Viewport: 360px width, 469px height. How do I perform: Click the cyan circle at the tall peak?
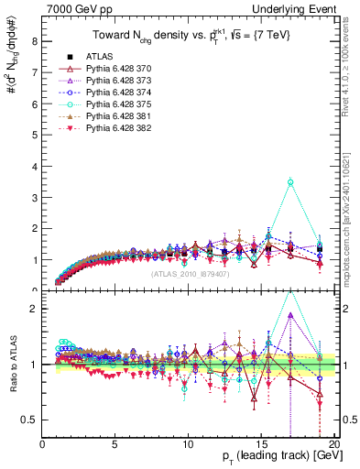(x=290, y=182)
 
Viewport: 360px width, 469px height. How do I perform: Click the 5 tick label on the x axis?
(x=115, y=445)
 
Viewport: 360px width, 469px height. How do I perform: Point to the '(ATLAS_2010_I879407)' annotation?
(x=190, y=273)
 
